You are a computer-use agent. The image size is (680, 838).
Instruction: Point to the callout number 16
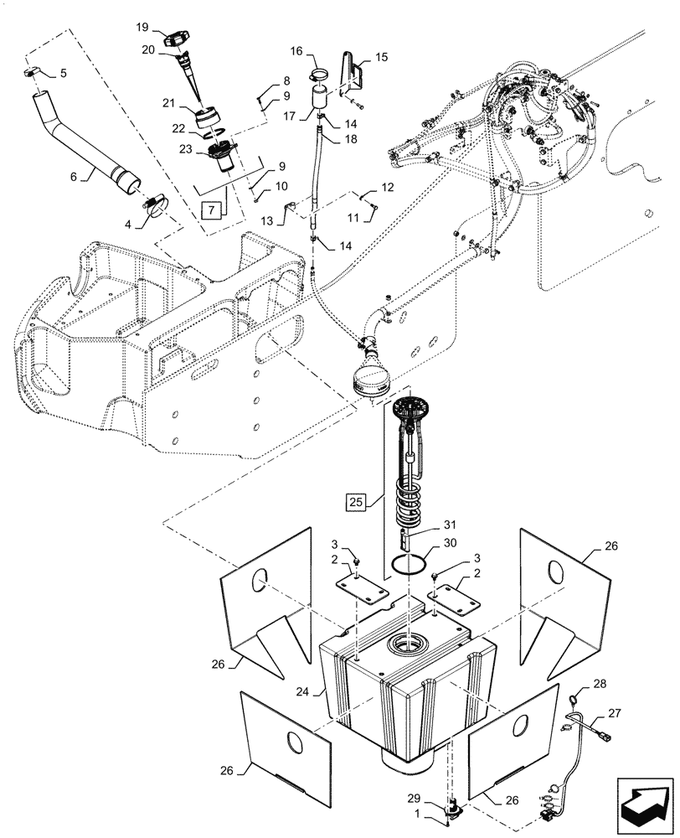(x=296, y=52)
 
